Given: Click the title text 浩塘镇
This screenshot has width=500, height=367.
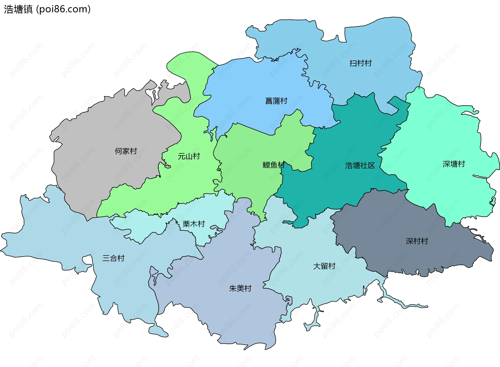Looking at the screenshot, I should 18,9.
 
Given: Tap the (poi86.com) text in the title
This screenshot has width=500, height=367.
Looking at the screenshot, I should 63,9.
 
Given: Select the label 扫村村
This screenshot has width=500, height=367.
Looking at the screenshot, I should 360,63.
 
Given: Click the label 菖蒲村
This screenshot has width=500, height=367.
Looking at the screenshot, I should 276,101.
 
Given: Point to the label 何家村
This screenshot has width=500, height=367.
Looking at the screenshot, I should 126,151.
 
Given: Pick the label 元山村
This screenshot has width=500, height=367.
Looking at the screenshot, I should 189,156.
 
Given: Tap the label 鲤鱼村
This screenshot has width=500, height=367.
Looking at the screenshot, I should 273,165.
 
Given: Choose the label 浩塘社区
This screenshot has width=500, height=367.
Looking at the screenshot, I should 360,165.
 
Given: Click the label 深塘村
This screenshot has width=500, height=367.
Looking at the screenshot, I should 454,164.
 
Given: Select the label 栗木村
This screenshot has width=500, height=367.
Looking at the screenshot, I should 193,224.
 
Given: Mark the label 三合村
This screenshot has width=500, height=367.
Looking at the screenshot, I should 113,258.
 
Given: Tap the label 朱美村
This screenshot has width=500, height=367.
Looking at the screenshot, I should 240,288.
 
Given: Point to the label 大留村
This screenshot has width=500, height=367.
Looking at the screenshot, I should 324,266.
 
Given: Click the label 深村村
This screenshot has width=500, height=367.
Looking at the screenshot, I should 417,241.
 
